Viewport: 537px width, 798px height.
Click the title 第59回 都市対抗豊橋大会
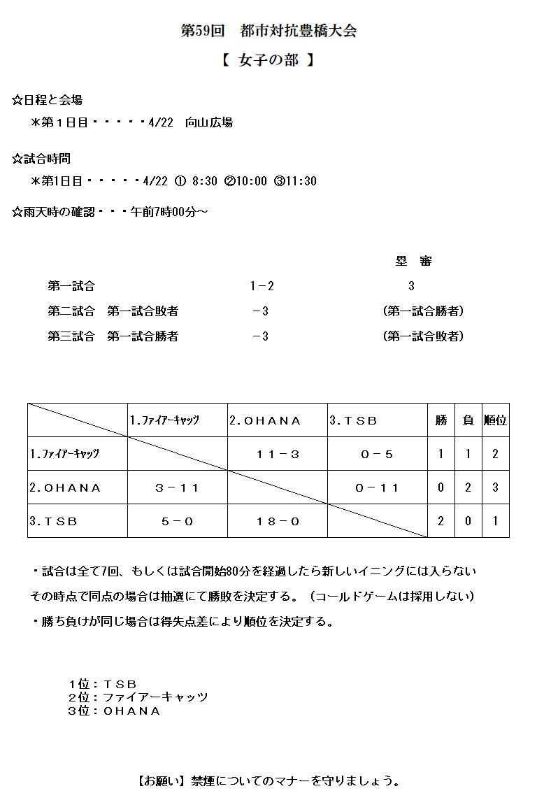pos(268,31)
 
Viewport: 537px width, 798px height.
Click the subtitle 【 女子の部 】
pos(268,61)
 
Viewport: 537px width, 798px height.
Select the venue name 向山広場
pos(209,122)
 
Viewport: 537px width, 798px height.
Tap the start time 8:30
pos(205,181)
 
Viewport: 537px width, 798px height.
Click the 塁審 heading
pos(413,262)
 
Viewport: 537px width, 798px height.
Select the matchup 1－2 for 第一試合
pos(262,286)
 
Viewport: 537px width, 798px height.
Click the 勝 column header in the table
pos(441,420)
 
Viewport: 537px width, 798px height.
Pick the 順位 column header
pos(495,420)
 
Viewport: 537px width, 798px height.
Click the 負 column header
pos(468,420)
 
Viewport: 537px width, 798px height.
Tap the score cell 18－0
pos(278,521)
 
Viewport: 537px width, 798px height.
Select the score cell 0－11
pos(377,488)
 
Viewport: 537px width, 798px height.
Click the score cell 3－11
pos(177,488)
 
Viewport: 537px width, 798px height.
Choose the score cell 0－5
pos(377,455)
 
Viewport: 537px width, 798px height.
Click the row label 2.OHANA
pos(66,488)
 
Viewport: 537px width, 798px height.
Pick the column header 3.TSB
pos(353,421)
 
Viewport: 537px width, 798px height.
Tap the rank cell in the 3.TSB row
pos(495,521)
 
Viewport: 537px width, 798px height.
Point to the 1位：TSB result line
pos(102,684)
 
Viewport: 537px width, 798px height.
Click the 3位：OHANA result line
pos(114,711)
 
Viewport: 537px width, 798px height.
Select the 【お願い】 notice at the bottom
pos(268,781)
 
